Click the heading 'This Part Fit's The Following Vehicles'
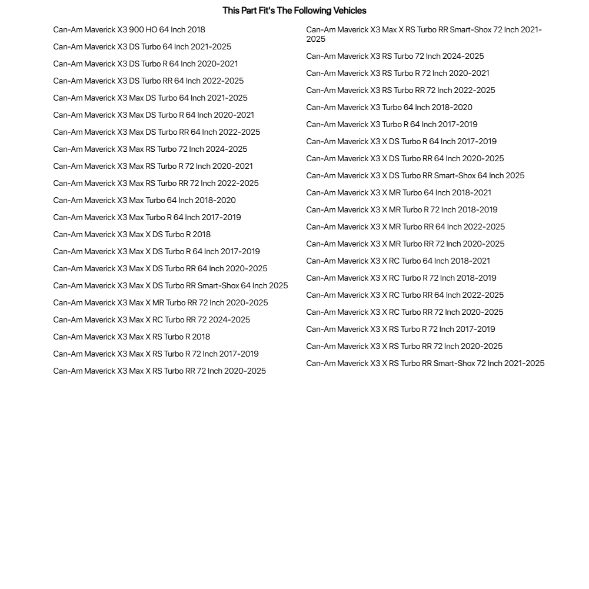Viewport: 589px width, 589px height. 294,11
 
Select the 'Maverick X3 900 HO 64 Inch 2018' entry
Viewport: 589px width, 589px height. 129,30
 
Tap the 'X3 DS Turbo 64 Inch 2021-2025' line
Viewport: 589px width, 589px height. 142,47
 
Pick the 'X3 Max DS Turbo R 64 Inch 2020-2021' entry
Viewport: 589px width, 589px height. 154,115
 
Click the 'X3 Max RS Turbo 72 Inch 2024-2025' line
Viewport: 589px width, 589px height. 150,149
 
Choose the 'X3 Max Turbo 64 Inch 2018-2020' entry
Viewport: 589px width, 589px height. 144,201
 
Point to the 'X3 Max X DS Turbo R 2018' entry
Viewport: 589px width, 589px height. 132,235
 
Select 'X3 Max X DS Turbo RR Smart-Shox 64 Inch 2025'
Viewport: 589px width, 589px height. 171,286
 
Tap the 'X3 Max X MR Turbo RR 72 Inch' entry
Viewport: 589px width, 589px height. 160,303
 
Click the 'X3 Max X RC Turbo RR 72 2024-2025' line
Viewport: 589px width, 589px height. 151,320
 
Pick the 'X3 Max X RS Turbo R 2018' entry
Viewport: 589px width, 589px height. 131,337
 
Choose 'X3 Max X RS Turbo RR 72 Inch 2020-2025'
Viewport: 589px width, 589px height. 159,371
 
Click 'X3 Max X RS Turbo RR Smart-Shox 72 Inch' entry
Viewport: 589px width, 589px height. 424,34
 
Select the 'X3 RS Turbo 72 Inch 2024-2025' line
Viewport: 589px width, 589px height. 395,56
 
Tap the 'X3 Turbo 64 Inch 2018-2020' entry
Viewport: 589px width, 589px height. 389,108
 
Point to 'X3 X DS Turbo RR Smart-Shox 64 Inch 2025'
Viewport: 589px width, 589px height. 415,176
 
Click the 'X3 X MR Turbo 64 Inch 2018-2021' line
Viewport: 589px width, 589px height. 398,193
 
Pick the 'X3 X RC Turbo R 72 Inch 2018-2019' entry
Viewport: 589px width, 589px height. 401,278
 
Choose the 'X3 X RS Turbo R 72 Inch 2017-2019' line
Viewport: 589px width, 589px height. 400,330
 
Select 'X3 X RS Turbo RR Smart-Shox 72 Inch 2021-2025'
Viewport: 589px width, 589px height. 425,364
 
